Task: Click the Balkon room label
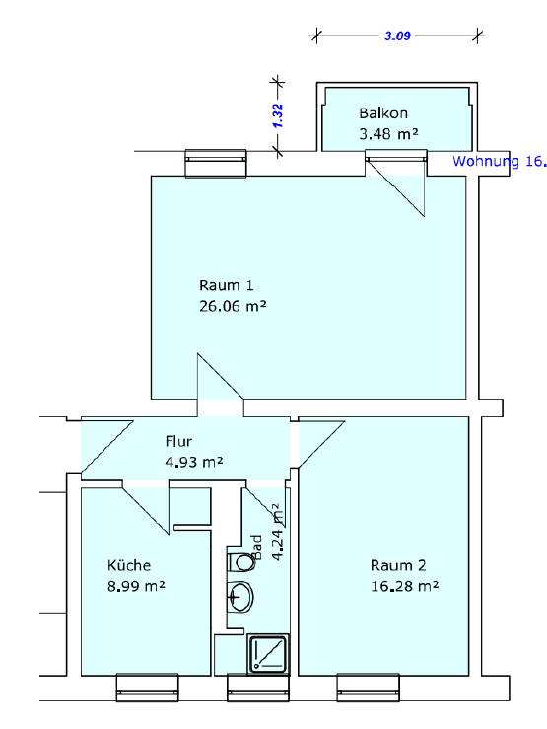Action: point(382,113)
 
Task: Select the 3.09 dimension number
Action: point(397,35)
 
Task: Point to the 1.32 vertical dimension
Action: point(278,116)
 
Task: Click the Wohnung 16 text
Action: point(499,160)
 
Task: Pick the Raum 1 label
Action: point(219,286)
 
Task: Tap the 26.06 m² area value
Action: point(233,306)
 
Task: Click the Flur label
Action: point(178,441)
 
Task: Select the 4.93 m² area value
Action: point(193,461)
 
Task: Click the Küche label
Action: point(128,565)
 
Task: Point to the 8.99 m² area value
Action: point(135,585)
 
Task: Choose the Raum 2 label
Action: point(398,565)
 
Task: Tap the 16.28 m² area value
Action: point(404,585)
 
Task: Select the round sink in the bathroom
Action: point(240,598)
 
